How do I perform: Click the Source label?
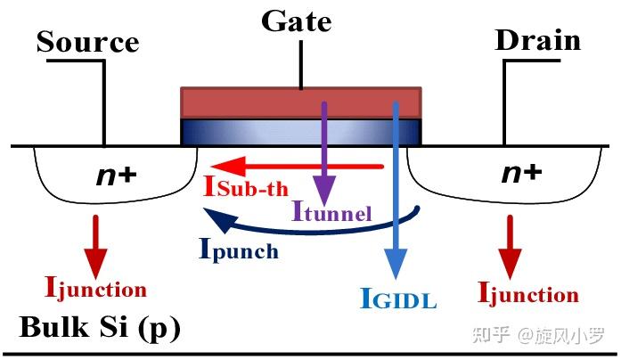click(x=87, y=42)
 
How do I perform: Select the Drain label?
click(x=537, y=40)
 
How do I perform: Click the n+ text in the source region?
click(x=115, y=176)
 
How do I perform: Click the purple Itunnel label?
click(x=331, y=211)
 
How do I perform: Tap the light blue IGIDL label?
click(x=398, y=299)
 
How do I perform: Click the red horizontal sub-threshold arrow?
click(x=294, y=166)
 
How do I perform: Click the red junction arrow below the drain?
click(x=510, y=250)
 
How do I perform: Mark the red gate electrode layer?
click(x=300, y=102)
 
